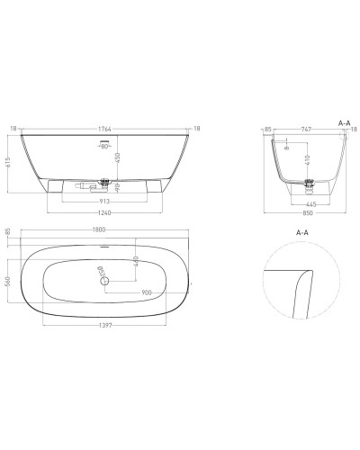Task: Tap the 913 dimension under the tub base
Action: [106, 200]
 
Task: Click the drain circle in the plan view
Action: [105, 282]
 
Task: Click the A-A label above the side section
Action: [344, 120]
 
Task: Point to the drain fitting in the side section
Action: [310, 186]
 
